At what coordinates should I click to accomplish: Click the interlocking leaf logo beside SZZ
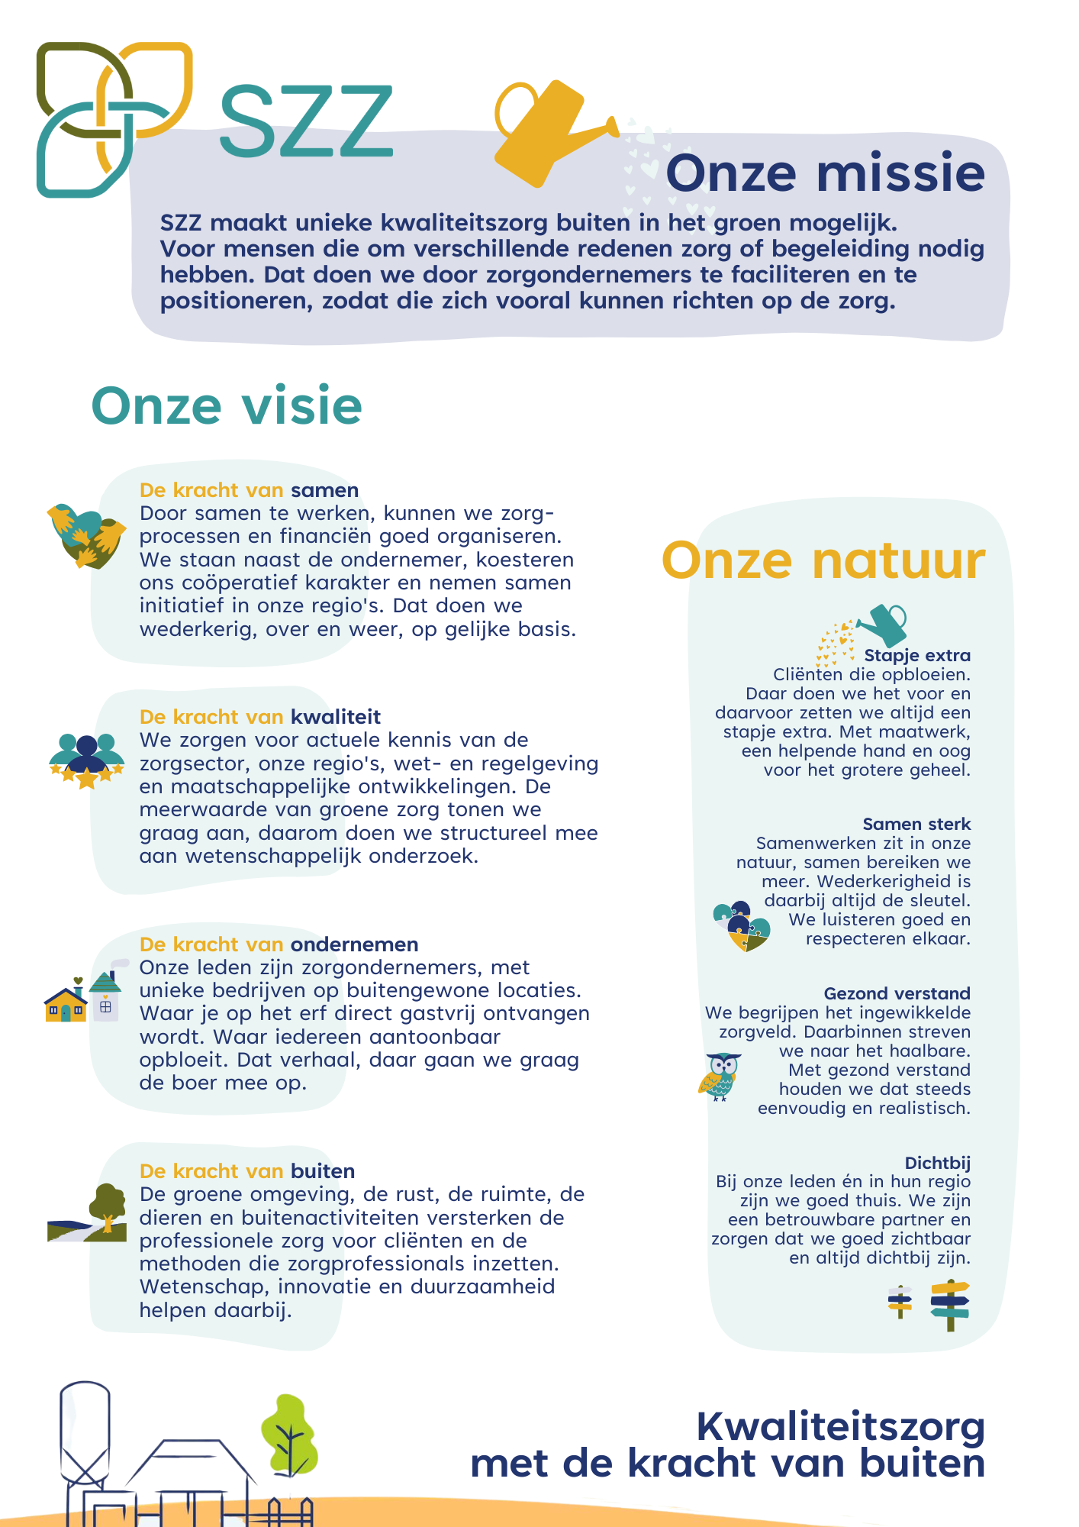pyautogui.click(x=113, y=118)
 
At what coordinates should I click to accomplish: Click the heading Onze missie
pyautogui.click(x=825, y=173)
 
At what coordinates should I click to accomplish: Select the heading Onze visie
pyautogui.click(x=227, y=405)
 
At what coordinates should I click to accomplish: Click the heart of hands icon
pyautogui.click(x=85, y=535)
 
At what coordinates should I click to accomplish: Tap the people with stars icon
pyautogui.click(x=86, y=760)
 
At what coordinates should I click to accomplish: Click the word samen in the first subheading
pyautogui.click(x=324, y=490)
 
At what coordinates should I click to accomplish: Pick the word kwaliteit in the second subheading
pyautogui.click(x=335, y=717)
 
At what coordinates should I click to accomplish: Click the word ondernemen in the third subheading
pyautogui.click(x=354, y=944)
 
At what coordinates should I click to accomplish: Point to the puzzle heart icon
pyautogui.click(x=741, y=925)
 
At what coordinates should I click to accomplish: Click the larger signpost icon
pyautogui.click(x=949, y=1305)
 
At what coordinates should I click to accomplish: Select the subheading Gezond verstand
pyautogui.click(x=897, y=993)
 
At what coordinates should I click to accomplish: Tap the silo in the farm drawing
pyautogui.click(x=85, y=1435)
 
